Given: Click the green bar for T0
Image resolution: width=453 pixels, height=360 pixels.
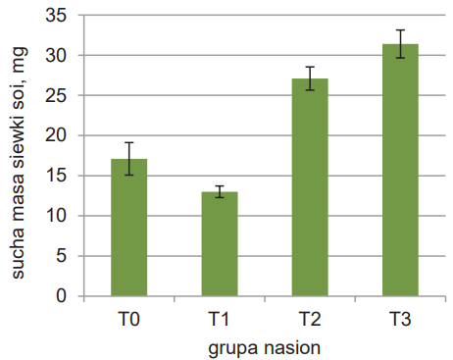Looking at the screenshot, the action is pos(129,228).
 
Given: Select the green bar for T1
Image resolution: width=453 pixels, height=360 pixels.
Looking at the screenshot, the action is pos(220,244).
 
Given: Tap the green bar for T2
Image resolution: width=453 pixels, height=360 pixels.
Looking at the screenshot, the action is pos(310,187).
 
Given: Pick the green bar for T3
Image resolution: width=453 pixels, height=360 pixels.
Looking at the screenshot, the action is pos(400,170).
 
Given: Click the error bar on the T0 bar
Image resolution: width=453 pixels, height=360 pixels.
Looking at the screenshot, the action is pos(129,159).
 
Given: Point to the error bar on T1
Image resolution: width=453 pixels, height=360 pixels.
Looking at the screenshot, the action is pos(220,191).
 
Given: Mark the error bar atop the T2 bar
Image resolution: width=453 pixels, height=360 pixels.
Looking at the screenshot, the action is pos(310,78).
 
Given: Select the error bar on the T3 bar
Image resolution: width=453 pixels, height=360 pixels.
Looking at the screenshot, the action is pos(400,44).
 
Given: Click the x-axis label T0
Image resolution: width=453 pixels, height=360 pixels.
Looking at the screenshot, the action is pos(129,319).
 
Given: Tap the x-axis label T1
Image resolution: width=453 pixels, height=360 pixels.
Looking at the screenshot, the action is pos(219,319).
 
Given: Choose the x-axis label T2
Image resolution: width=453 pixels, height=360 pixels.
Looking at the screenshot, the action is pos(310,319).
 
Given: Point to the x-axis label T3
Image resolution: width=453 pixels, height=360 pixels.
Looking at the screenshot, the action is pos(400,319).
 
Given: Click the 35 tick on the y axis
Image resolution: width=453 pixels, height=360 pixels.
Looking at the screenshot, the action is pos(56,16).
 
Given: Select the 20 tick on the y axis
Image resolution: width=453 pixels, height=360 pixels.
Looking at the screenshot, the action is pos(56,135).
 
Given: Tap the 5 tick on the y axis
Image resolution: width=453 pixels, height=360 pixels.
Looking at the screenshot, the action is pos(62,256).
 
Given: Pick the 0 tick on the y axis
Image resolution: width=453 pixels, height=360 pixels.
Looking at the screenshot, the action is pos(62,296).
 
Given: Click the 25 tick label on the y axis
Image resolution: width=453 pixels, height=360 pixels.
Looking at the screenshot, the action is pos(56,95).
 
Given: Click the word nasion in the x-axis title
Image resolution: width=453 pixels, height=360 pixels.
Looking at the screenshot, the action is pos(292,347).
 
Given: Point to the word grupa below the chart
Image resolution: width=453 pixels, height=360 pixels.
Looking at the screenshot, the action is pos(233,349).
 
